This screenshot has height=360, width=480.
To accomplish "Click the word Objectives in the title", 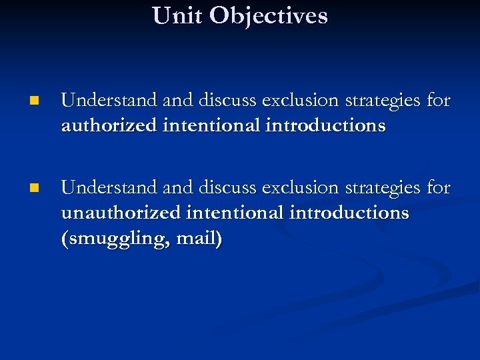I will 268,15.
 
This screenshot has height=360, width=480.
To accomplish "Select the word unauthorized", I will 121,213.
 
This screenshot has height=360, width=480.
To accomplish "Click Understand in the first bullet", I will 109,101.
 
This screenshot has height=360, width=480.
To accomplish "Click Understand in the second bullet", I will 109,188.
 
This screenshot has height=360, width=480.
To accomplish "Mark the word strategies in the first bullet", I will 380,101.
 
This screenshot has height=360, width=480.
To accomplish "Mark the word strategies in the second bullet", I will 380,188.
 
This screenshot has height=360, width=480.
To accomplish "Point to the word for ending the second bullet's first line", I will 439,188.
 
